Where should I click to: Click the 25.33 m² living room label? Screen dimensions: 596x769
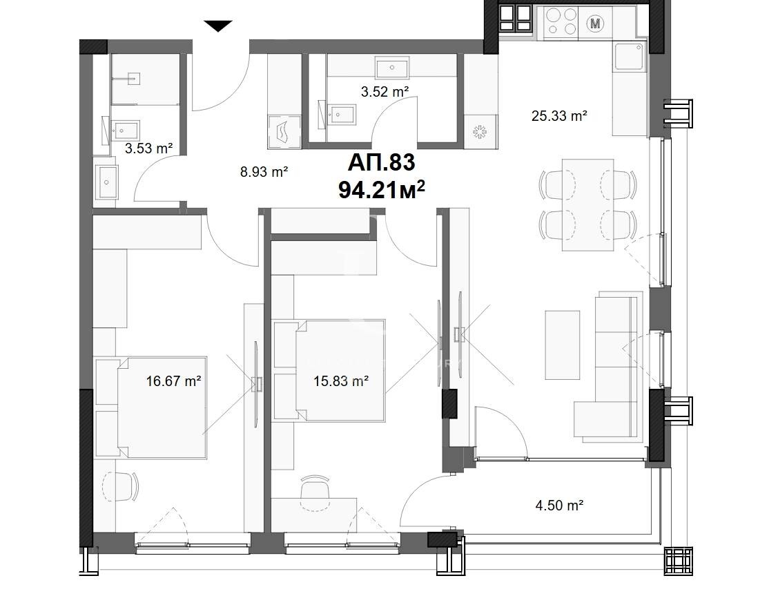coord(559,116)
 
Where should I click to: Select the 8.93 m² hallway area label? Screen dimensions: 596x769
coord(264,172)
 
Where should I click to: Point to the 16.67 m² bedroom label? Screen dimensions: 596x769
coord(173,380)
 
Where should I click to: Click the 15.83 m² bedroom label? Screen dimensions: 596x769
coord(340,380)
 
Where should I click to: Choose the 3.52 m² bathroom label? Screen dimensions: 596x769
coord(385,90)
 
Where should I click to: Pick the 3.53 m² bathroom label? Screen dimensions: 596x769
coord(148,147)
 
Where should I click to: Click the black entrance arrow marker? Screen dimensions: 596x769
coord(218,26)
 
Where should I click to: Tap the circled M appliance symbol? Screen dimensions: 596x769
coord(595,23)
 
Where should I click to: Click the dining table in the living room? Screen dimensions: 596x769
coord(587,204)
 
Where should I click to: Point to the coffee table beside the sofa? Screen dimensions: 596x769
coord(563,344)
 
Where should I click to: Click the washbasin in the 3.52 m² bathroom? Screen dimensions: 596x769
coord(392,68)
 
